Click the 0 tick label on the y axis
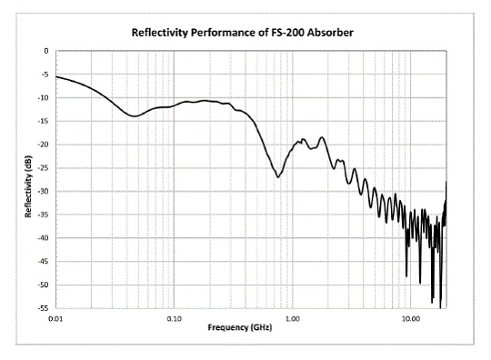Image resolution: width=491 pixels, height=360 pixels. (45, 51)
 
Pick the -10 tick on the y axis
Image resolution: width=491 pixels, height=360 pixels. (44, 97)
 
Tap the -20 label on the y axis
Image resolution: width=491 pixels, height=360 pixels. (44, 145)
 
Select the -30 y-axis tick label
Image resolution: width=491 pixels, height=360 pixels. (44, 192)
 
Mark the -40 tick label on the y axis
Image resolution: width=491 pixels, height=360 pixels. (44, 238)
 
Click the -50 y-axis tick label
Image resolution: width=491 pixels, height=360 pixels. (44, 285)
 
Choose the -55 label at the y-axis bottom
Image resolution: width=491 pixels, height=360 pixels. (44, 309)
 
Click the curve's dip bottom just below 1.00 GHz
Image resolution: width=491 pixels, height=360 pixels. (278, 177)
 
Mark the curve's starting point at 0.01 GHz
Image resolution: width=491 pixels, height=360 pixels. (56, 76)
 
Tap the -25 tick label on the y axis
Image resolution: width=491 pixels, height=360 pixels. (44, 168)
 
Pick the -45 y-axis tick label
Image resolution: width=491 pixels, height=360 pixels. (44, 262)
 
